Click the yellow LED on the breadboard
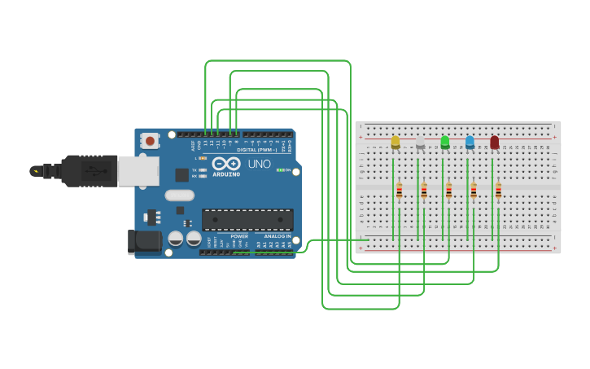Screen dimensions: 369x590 tap(396, 143)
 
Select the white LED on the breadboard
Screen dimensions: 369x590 tap(420, 143)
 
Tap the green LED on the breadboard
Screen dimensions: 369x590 tap(445, 143)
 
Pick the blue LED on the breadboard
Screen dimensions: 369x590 tap(470, 143)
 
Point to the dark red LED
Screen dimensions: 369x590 tap(495, 143)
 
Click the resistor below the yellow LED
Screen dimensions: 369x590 tap(399, 191)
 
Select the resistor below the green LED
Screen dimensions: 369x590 tap(448, 191)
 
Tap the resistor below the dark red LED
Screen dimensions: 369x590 tap(498, 191)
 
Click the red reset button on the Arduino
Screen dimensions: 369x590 tap(150, 141)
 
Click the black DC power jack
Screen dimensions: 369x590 tap(144, 241)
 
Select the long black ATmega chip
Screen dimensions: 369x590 tap(247, 219)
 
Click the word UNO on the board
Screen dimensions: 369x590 tap(259, 164)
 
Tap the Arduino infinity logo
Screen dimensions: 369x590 tap(225, 163)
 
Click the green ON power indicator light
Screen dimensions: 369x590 tap(279, 170)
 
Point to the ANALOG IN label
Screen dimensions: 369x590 tap(277, 236)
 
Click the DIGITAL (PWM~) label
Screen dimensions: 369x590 tap(255, 150)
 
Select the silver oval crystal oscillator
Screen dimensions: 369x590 tap(179, 195)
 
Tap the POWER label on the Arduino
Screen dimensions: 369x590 tap(239, 236)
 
